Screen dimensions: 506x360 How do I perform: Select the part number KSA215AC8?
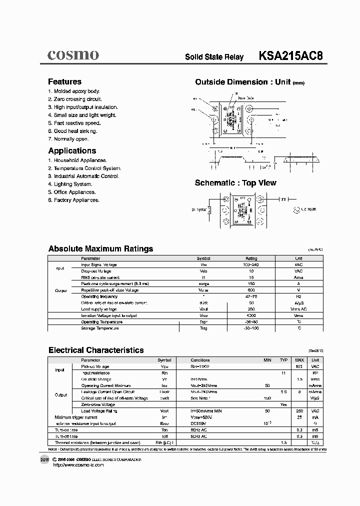coord(290,56)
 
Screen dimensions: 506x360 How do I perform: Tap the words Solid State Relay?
coord(214,57)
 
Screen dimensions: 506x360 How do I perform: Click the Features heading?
coord(64,81)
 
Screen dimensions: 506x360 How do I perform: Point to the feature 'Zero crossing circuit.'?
coord(75,99)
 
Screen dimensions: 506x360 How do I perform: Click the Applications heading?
coord(72,150)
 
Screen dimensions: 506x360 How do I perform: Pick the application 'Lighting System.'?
coord(70,184)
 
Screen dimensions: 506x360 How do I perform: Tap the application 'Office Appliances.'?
coord(72,192)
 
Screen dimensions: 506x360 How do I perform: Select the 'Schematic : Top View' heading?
coord(235,183)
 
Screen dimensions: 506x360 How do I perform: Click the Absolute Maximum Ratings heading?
coord(100,248)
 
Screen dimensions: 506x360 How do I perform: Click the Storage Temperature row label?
coord(100,328)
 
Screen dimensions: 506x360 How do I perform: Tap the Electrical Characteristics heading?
coord(96,350)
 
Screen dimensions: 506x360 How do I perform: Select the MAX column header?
coord(299,360)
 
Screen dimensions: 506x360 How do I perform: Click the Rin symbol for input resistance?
coord(164,373)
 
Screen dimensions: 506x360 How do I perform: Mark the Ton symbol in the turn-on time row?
coord(164,429)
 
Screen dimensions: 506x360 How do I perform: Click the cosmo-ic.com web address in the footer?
coord(78,465)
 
